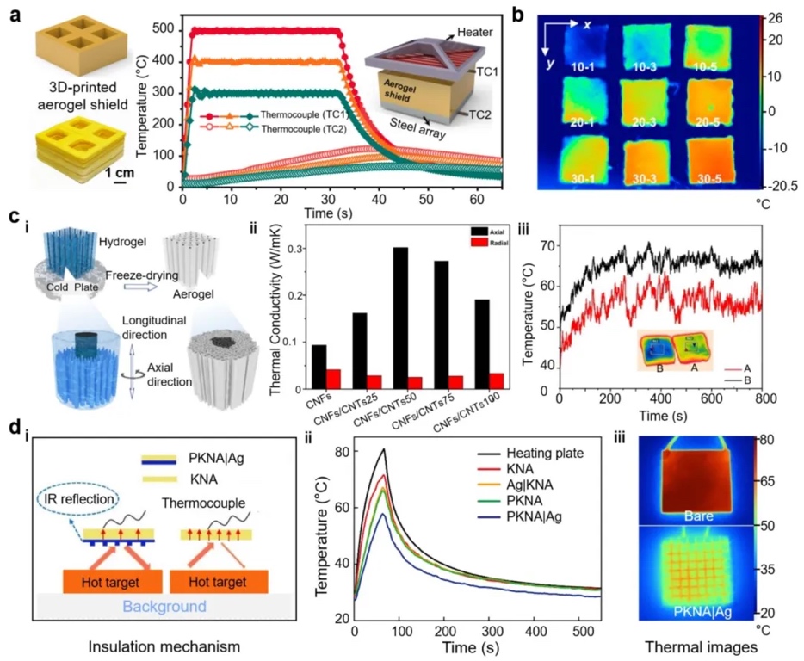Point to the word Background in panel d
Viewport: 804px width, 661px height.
[x=165, y=607]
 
